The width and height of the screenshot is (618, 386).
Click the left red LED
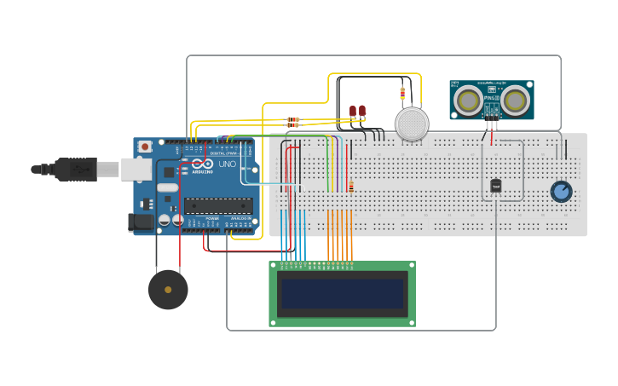pos(353,111)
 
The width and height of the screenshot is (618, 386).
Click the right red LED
pos(362,111)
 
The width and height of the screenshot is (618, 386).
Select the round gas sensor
pos(412,124)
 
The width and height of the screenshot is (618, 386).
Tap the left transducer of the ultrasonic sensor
pos(467,101)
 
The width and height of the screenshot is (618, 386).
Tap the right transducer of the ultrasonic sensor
pos(515,101)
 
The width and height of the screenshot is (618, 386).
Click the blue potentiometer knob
pos(561,191)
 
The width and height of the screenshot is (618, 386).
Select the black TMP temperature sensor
pos(495,186)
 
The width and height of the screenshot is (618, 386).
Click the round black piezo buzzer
pos(168,290)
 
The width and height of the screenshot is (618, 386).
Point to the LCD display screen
pos(343,294)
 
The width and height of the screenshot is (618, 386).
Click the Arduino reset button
pos(145,147)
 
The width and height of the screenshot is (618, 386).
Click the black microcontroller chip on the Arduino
pos(218,205)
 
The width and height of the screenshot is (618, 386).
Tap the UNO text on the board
pos(228,164)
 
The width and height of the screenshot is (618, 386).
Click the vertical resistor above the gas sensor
pos(402,93)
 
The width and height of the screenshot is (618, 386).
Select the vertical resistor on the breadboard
pos(350,187)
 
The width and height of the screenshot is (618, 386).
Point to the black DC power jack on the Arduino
pos(139,222)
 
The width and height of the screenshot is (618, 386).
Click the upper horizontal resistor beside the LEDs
pos(293,119)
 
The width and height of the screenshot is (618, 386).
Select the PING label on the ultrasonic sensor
pos(490,99)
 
